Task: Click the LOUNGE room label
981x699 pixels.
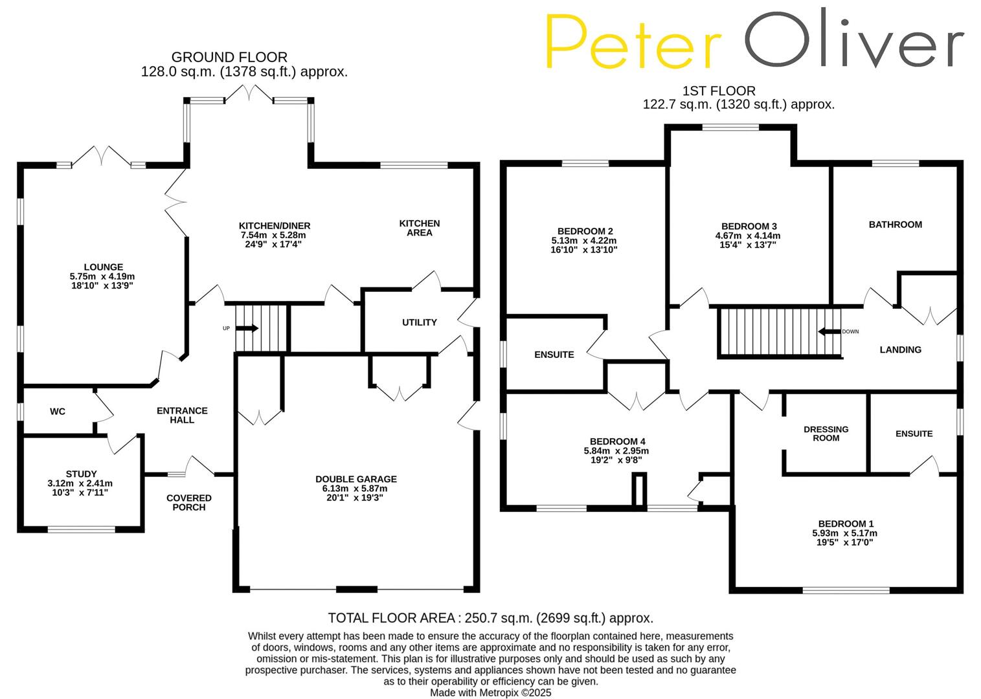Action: tap(103, 267)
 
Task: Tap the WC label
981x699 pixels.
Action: tap(58, 412)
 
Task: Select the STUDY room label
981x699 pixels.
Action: tap(81, 474)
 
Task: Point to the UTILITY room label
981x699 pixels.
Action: tap(420, 322)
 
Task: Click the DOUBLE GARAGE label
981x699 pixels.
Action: tap(356, 479)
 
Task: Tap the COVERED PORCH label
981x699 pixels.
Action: tap(189, 502)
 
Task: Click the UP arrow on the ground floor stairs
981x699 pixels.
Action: tap(247, 329)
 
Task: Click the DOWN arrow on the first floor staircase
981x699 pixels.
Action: tap(828, 331)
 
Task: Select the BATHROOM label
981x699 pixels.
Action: tap(895, 225)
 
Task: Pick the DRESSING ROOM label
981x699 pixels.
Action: tap(826, 434)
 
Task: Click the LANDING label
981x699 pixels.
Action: tap(900, 349)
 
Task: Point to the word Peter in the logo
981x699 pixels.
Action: tap(633, 41)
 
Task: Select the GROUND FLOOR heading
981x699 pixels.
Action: tap(229, 58)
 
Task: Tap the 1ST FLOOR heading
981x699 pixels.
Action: tap(719, 91)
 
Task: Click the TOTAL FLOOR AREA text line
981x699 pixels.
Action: tap(490, 618)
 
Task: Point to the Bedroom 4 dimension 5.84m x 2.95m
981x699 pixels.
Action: tap(616, 451)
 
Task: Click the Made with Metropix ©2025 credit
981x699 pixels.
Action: tap(491, 693)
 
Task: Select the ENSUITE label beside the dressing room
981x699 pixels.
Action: tap(914, 434)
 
